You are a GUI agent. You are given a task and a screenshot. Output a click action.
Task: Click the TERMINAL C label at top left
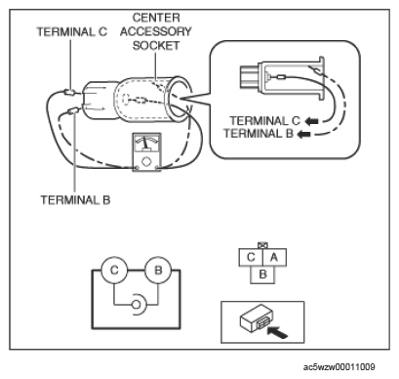(x=71, y=32)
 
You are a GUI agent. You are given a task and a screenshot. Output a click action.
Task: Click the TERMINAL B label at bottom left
(x=75, y=199)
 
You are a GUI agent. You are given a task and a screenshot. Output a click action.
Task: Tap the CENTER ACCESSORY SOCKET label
(x=156, y=31)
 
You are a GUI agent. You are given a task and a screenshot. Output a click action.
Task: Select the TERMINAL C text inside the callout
(x=264, y=121)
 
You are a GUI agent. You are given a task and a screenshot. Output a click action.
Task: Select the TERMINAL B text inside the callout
(x=259, y=133)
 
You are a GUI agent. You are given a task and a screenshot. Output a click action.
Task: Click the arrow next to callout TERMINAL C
(x=312, y=121)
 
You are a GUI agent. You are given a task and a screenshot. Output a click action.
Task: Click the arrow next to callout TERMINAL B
(x=304, y=134)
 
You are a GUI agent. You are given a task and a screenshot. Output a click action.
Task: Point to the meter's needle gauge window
(x=147, y=145)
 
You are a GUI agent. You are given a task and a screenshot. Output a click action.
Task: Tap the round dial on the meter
(x=146, y=161)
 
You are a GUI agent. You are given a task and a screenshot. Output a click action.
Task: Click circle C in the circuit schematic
(x=114, y=271)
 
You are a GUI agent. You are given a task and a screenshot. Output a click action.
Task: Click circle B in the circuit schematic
(x=158, y=271)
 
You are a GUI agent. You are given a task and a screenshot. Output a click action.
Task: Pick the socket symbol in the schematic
(x=139, y=305)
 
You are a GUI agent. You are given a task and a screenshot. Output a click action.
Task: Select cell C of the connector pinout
(x=251, y=258)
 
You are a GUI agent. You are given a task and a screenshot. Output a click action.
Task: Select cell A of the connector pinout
(x=274, y=258)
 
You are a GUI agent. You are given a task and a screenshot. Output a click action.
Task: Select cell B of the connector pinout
(x=262, y=274)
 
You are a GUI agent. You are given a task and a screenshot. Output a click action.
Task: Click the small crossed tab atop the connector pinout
(x=262, y=245)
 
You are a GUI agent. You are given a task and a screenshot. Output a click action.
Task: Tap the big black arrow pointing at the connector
(x=277, y=332)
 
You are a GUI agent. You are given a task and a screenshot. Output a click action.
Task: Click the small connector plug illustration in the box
(x=257, y=319)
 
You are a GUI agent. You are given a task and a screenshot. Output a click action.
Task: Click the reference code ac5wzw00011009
(x=339, y=367)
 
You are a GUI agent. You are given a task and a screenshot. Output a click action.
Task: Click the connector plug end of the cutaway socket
(x=250, y=77)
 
